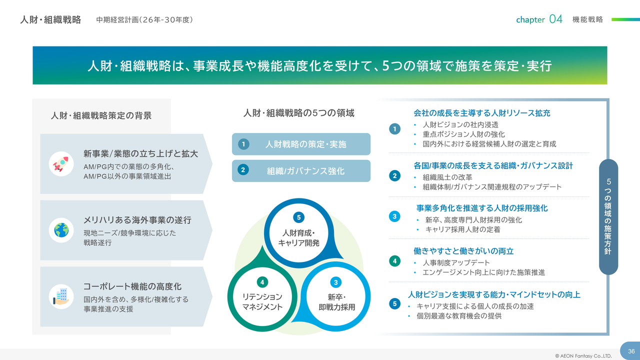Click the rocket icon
[x=61, y=164]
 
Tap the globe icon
[x=61, y=230]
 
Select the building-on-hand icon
[x=61, y=296]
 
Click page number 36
[x=631, y=351]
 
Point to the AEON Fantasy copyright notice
[x=583, y=356]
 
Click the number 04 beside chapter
[x=555, y=19]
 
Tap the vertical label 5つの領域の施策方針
[x=608, y=216]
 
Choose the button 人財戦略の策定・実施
[x=301, y=144]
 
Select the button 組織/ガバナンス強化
[x=301, y=171]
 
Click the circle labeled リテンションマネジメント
[x=262, y=297]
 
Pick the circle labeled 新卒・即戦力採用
[x=336, y=297]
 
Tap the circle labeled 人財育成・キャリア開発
[x=299, y=233]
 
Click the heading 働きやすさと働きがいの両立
[x=463, y=251]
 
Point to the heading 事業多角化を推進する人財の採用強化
[x=482, y=208]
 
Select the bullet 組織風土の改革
[x=447, y=177]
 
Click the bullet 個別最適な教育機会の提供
[x=459, y=316]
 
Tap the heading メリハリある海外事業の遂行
[x=137, y=220]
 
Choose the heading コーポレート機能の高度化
[x=132, y=286]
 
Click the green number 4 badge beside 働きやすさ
[x=395, y=261]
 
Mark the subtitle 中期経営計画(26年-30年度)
[x=144, y=19]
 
